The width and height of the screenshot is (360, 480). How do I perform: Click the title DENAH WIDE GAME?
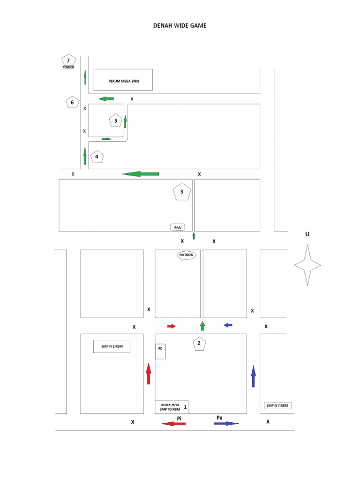[180, 26]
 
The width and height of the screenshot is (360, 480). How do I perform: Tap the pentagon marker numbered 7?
[68, 60]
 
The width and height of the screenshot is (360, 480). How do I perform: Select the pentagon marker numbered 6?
[72, 103]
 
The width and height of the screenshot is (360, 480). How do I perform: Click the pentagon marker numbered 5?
[115, 121]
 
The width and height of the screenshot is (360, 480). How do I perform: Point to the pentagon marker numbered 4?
[97, 157]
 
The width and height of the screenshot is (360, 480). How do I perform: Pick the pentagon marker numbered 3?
[182, 192]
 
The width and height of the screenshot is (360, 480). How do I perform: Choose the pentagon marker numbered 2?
[199, 344]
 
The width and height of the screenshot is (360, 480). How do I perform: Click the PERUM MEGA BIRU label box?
[123, 80]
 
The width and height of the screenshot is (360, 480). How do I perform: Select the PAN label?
[178, 227]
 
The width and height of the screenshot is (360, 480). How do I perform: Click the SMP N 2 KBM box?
[112, 347]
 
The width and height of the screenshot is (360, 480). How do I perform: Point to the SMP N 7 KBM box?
[277, 405]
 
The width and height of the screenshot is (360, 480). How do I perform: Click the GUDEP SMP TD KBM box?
[172, 407]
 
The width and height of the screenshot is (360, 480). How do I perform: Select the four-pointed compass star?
[307, 265]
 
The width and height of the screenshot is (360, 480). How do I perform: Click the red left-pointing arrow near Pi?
[173, 424]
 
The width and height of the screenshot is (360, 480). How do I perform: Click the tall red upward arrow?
[149, 374]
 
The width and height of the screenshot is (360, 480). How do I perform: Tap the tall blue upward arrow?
[254, 376]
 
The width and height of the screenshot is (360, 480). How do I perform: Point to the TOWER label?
[68, 67]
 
